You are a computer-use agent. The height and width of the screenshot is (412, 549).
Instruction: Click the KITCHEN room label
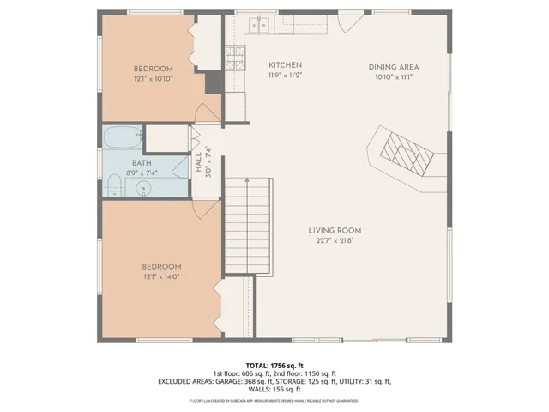pos(285,65)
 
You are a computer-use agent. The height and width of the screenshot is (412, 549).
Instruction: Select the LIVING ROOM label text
pos(335,230)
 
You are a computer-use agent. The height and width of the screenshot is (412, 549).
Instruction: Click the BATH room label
pos(142,162)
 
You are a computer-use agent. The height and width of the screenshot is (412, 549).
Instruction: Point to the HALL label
pos(198,162)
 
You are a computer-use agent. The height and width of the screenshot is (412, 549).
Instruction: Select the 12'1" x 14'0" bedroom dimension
pos(162,277)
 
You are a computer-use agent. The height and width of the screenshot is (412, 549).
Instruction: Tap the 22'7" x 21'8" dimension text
pos(335,240)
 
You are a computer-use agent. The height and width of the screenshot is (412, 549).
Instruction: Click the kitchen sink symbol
pos(262,24)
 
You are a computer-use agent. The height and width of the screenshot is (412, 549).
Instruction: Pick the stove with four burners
pos(235,57)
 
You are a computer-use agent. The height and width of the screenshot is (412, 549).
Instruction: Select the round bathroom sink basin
pos(144,187)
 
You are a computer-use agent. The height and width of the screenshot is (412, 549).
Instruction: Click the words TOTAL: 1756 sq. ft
pos(274,365)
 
